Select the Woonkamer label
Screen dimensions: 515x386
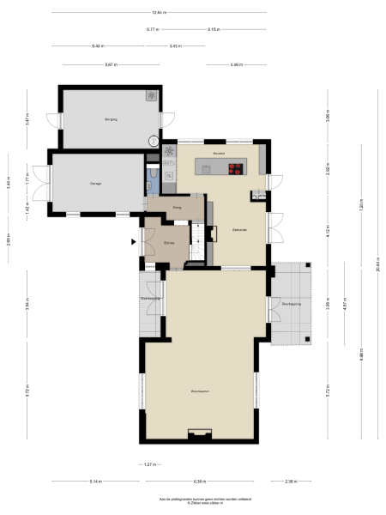pyautogui.click(x=202, y=391)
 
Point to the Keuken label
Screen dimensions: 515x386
pyautogui.click(x=219, y=153)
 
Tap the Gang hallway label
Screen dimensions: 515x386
pyautogui.click(x=177, y=208)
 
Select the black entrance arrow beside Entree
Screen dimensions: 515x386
pyautogui.click(x=133, y=242)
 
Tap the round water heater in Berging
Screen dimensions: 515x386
pyautogui.click(x=154, y=139)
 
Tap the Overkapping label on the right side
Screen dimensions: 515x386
pyautogui.click(x=290, y=304)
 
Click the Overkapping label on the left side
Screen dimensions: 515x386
pyautogui.click(x=150, y=298)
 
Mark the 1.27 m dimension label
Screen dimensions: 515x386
pyautogui.click(x=151, y=464)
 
